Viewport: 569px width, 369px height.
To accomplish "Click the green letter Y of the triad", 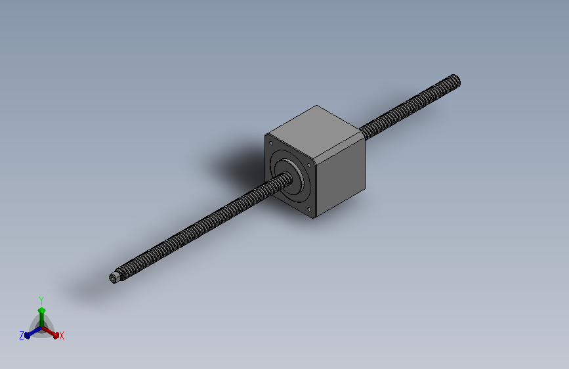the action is (41, 301).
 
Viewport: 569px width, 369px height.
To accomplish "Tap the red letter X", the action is (61, 336).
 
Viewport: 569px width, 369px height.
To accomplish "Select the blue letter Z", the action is (22, 336).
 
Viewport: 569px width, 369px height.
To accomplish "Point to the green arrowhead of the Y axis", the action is (41, 311).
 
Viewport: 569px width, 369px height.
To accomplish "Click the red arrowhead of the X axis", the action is (56, 335).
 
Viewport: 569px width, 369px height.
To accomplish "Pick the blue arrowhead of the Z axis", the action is (27, 336).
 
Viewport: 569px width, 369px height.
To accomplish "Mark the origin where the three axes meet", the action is (41, 328).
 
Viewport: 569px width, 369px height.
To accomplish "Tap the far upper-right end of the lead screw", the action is (457, 81).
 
